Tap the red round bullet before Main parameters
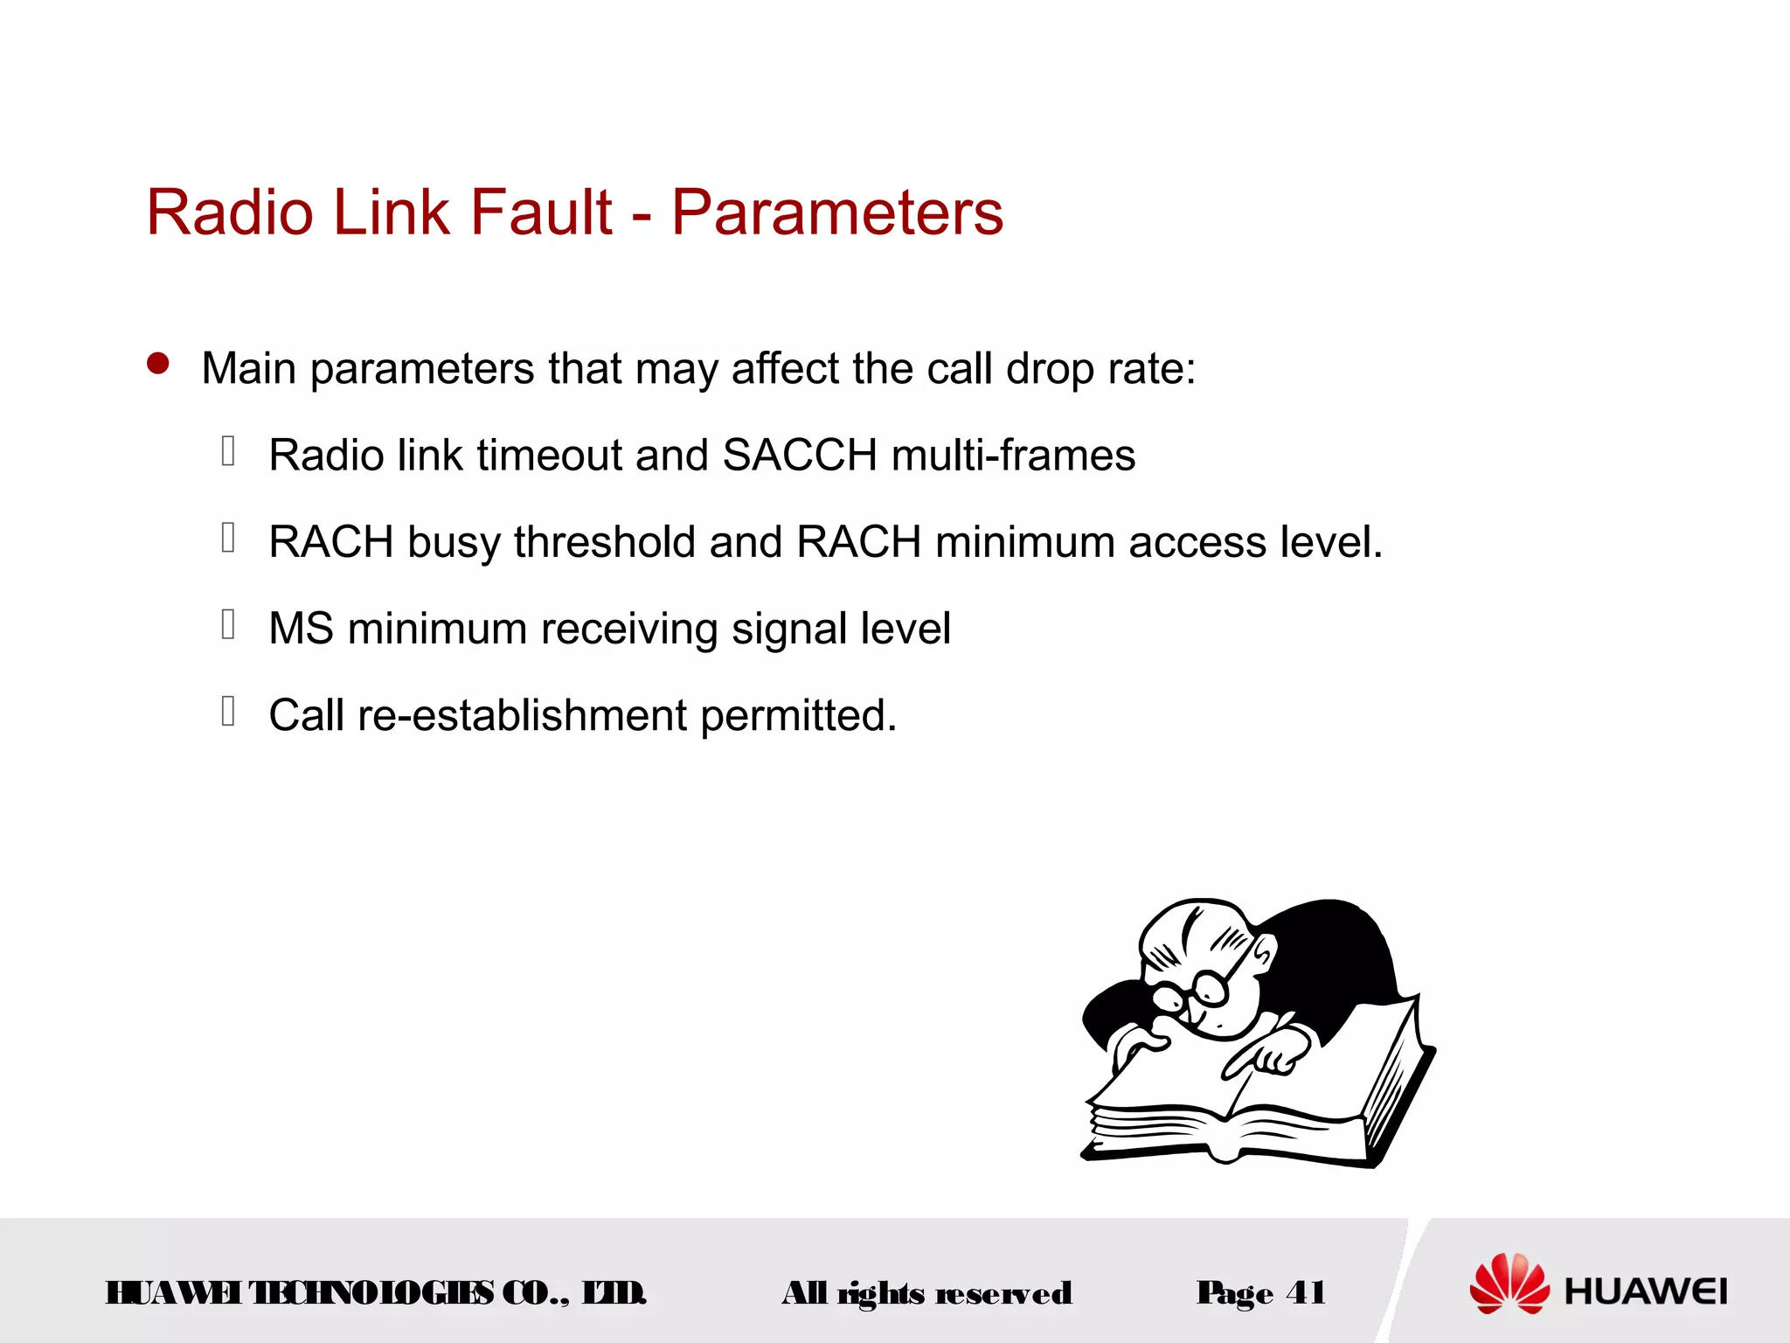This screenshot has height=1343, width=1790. [158, 364]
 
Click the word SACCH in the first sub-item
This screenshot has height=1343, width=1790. [800, 456]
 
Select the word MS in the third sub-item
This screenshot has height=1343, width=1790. [301, 629]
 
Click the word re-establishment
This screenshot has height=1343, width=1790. [522, 715]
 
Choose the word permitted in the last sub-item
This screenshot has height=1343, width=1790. [798, 715]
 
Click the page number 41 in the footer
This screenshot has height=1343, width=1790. [1306, 1292]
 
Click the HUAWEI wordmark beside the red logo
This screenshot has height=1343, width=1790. [1646, 1291]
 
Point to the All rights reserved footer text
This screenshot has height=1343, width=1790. [926, 1293]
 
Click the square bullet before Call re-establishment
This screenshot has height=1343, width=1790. [228, 711]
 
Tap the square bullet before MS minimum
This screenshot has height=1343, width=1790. [228, 624]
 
